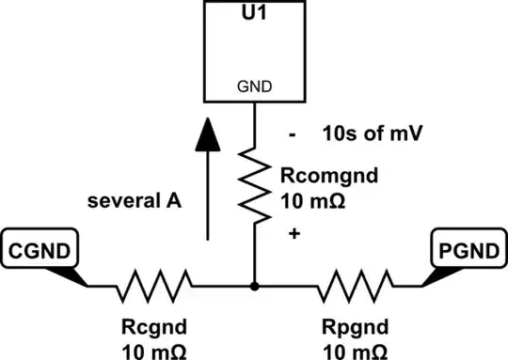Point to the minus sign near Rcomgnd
[x=294, y=135]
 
